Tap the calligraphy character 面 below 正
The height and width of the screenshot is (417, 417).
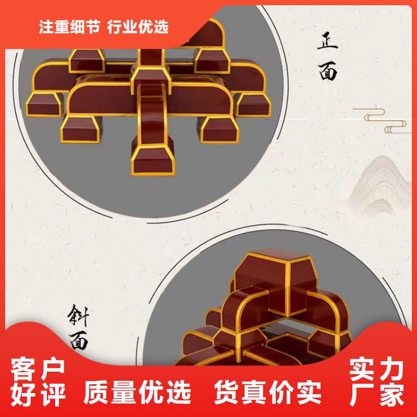tap(328, 71)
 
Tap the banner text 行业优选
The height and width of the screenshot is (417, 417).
tap(139, 28)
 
